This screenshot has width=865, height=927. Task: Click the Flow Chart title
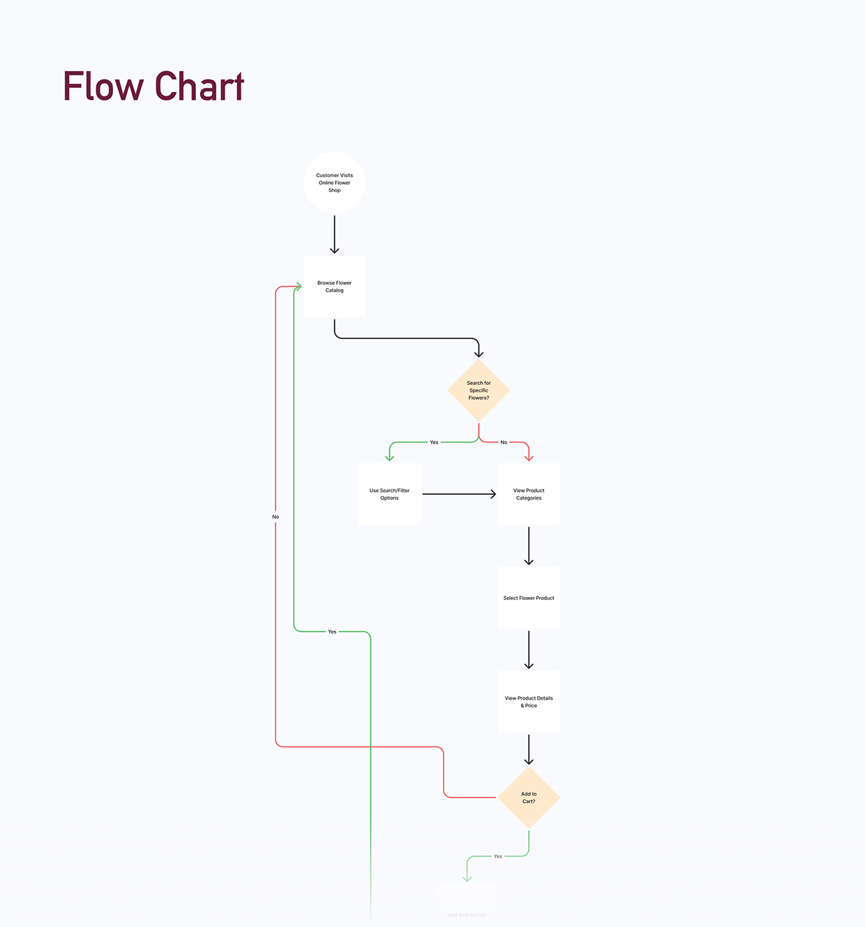coord(153,86)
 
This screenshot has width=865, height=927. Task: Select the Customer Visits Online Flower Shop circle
coord(335,183)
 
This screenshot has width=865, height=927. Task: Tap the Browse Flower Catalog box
coord(335,287)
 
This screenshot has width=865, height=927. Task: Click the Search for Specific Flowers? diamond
coord(479,391)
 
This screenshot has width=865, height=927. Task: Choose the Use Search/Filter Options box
coord(389,494)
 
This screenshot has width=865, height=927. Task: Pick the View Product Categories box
coord(529,494)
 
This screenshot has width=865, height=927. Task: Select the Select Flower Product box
coord(529,598)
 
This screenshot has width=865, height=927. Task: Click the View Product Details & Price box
coord(529,702)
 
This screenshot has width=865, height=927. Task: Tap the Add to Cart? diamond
coord(529,797)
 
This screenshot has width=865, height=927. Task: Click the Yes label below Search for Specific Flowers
coord(434,442)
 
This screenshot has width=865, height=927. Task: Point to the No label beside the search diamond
coord(504,442)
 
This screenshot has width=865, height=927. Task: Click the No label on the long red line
coord(276,517)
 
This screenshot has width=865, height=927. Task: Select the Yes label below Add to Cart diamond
coord(497,856)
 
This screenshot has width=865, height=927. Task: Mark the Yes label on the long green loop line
coord(332,632)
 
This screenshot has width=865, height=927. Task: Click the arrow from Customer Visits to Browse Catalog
coord(335,234)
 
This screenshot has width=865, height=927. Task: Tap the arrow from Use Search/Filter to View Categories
coord(459,494)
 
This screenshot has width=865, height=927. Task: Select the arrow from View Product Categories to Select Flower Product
coord(529,545)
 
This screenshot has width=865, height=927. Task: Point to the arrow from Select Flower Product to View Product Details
coord(529,649)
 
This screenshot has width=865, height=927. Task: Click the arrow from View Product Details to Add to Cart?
coord(529,750)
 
